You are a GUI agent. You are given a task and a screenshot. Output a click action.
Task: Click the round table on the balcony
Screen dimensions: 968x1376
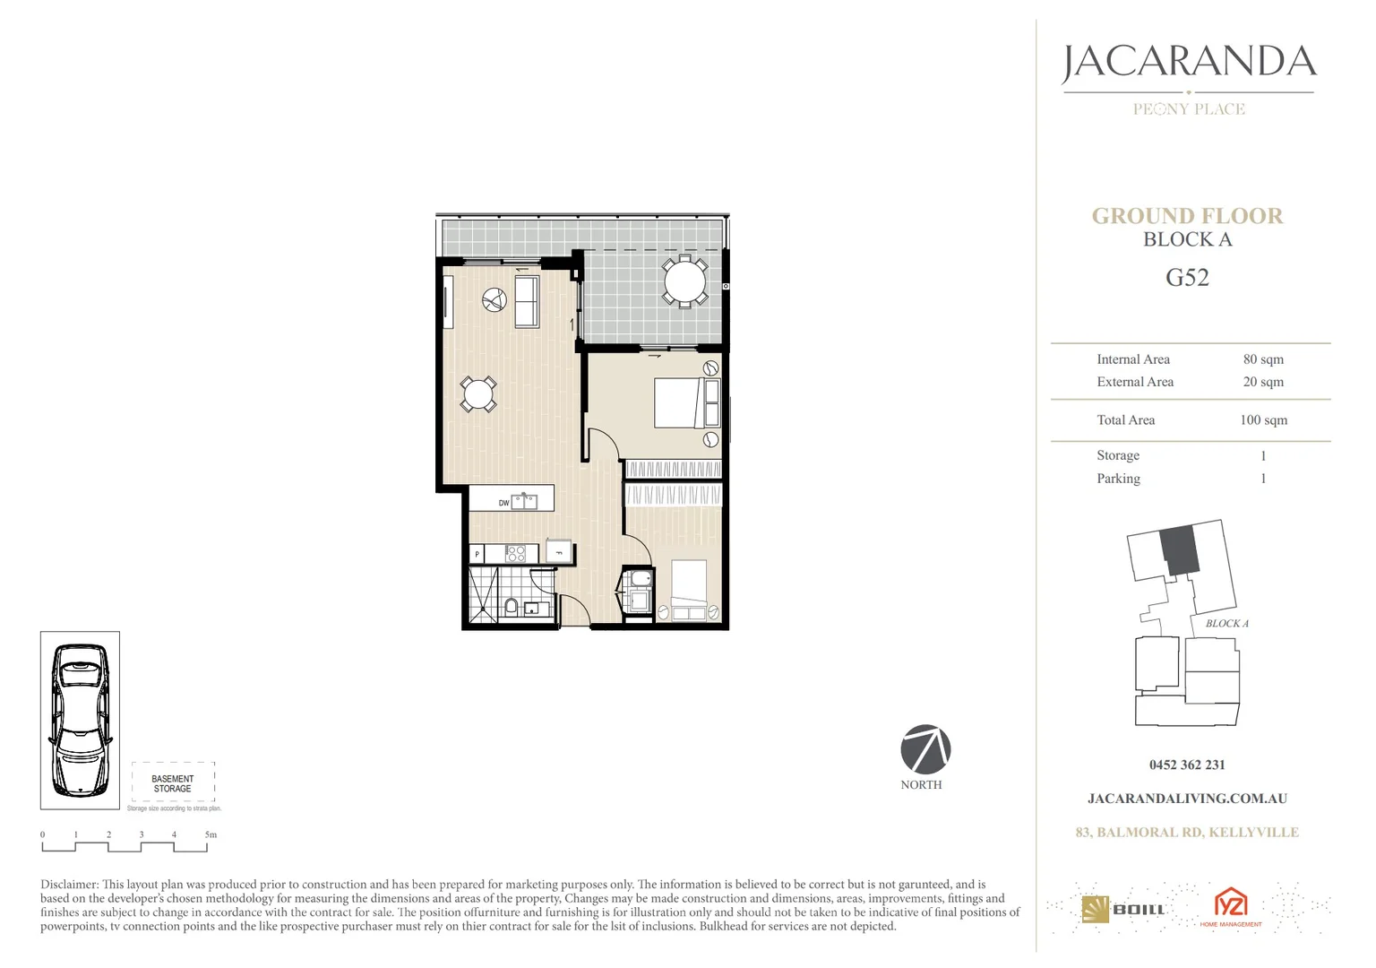coord(684,281)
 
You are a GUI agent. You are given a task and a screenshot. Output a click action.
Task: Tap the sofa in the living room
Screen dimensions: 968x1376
coord(526,301)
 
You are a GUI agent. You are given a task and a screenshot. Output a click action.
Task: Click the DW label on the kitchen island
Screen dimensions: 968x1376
coord(503,503)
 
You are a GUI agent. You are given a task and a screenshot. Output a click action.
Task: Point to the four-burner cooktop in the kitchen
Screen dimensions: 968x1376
coord(516,554)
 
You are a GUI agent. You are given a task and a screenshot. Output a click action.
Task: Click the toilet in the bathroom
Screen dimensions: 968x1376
coord(511,607)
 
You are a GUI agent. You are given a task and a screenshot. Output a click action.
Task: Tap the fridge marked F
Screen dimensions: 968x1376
coord(559,551)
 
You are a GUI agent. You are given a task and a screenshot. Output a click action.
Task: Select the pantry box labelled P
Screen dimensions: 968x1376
coord(477,555)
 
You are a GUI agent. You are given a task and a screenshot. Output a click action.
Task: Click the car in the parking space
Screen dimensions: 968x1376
coord(80,720)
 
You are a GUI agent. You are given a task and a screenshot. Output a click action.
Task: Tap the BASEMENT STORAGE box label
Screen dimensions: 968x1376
coord(172,783)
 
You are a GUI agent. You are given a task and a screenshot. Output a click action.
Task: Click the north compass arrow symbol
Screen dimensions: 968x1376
coord(925,749)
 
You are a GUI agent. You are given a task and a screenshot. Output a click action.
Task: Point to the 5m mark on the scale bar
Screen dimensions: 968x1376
coord(211,834)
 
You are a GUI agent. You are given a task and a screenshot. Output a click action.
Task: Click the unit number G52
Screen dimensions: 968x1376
coord(1187,278)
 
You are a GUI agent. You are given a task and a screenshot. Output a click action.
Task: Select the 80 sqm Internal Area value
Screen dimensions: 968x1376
coord(1263,359)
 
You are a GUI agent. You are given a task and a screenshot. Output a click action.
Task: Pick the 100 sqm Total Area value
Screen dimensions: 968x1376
coord(1263,420)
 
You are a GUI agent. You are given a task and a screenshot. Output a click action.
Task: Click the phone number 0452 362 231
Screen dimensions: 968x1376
coord(1187,765)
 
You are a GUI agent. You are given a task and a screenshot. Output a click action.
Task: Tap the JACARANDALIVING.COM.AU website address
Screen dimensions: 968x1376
coord(1187,799)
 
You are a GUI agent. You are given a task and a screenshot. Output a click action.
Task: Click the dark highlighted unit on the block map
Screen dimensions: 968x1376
coord(1180,550)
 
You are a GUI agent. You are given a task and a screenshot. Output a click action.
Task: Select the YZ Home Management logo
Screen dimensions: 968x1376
coord(1230,906)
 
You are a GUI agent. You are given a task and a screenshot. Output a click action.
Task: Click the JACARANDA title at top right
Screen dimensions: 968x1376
coord(1189,63)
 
